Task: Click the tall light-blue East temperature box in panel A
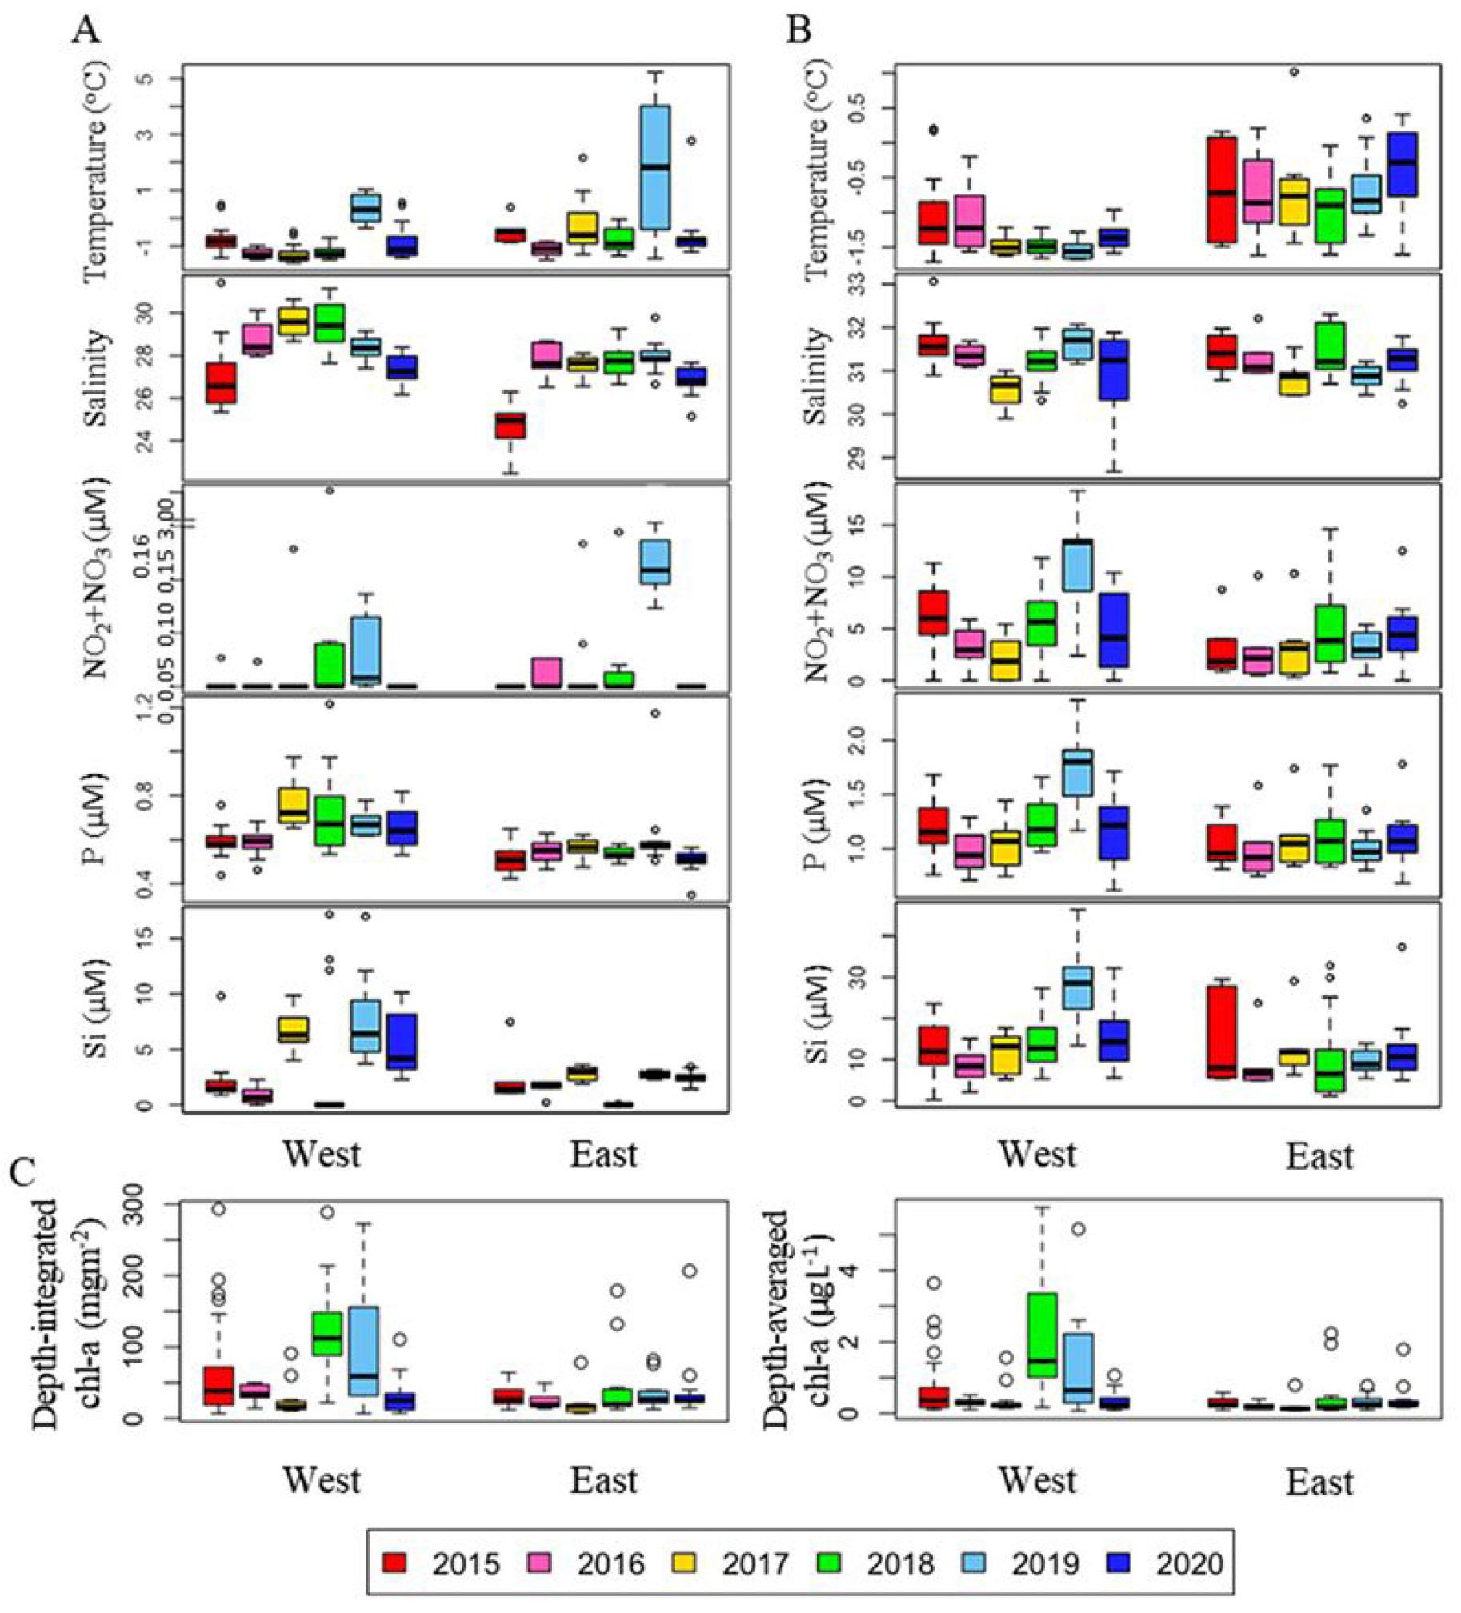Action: tap(655, 167)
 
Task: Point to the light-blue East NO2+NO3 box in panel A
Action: tap(655, 562)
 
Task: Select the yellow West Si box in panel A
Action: tap(294, 1029)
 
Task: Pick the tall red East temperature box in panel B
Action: tap(1222, 190)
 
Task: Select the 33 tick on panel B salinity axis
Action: tap(867, 286)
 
